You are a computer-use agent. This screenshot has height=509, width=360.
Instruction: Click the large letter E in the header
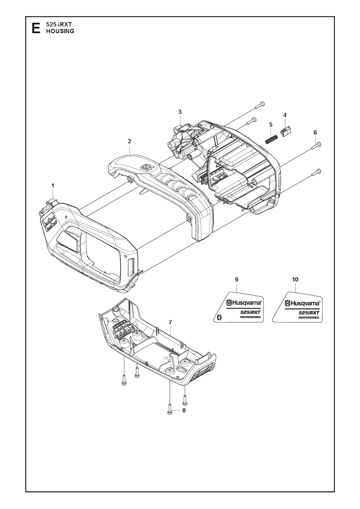tap(36, 28)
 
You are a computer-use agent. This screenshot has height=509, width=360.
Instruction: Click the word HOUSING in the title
tap(60, 31)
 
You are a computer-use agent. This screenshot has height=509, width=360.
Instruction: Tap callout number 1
tap(53, 186)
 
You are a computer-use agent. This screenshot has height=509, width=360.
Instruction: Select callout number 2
tap(129, 141)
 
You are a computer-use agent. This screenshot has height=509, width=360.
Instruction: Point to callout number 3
tap(180, 112)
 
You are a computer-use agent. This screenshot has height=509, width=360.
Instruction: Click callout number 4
tap(285, 115)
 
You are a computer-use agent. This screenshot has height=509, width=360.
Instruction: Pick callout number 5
tap(270, 125)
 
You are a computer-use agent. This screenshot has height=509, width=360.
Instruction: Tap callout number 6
tap(315, 133)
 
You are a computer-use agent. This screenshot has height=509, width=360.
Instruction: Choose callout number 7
tap(171, 323)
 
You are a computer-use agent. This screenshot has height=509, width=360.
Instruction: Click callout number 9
tap(237, 280)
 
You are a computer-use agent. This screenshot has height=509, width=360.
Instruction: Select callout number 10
tap(295, 280)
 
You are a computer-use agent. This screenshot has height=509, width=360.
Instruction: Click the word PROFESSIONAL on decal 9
tap(250, 317)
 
